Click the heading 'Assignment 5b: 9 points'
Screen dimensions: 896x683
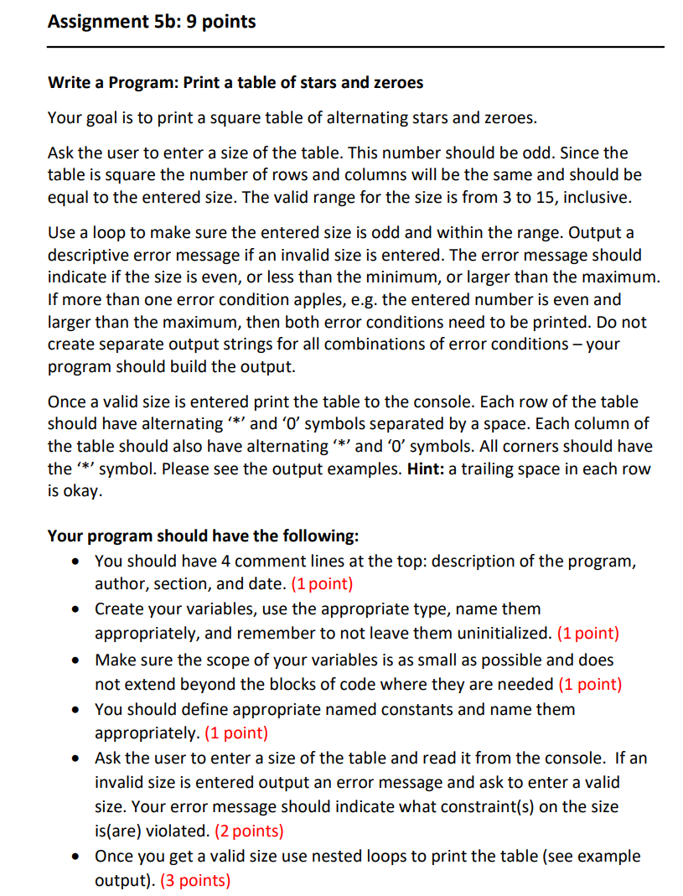[x=152, y=21]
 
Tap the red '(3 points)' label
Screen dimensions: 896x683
[x=194, y=880]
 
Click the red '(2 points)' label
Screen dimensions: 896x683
[x=249, y=831]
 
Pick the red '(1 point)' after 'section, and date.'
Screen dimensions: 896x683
[x=322, y=584]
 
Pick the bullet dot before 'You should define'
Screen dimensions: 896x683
[x=76, y=710]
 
